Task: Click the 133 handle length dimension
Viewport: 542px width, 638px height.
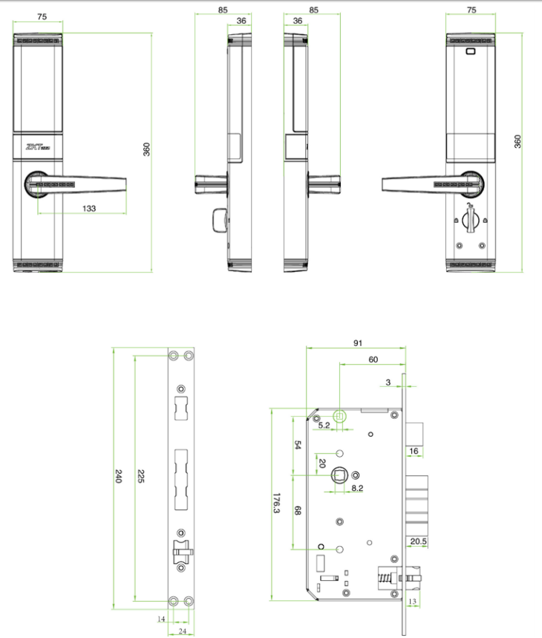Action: pos(89,209)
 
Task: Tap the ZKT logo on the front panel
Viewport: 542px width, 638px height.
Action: pos(38,147)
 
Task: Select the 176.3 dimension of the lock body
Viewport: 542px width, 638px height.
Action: pos(276,503)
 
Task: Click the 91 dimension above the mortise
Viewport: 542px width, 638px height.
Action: pos(358,343)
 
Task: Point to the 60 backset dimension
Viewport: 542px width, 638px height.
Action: pos(373,359)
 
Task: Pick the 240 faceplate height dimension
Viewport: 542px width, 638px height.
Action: pos(118,476)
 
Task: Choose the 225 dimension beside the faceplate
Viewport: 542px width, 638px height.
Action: pos(140,476)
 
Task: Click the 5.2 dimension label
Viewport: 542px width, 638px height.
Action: pos(324,425)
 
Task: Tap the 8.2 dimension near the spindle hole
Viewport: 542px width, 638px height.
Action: pos(357,488)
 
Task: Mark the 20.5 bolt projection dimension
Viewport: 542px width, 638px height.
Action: pos(419,541)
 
